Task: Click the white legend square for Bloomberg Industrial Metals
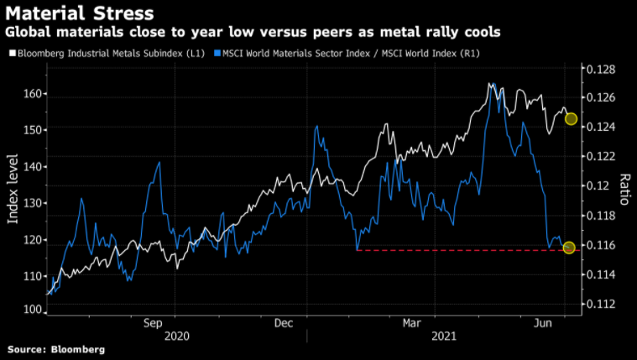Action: tap(11, 53)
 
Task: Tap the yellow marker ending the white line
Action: tap(571, 118)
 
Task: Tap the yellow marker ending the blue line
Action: tap(569, 248)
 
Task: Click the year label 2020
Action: tap(176, 336)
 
